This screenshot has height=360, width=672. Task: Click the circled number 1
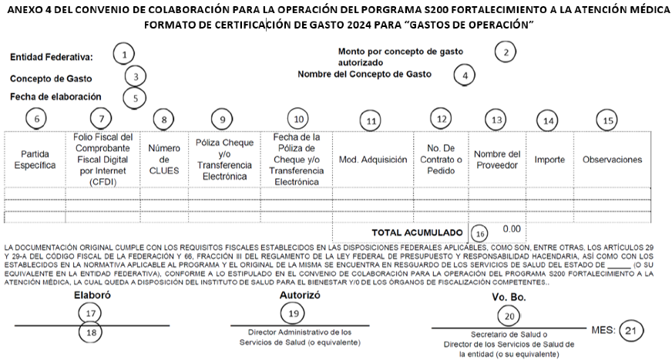123,55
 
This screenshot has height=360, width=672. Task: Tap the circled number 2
505,52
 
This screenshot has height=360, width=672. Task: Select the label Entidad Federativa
51,57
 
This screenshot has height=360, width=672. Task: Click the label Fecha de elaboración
55,97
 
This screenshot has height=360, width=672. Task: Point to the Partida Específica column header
35,160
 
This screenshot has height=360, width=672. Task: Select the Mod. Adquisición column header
373,160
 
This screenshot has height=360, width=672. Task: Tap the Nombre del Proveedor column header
497,160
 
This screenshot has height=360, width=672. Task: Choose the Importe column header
549,160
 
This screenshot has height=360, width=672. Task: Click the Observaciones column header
612,160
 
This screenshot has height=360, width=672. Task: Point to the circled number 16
480,233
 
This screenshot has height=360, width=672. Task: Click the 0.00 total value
511,229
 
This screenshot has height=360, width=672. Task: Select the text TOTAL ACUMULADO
417,232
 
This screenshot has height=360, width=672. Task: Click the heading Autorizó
294,295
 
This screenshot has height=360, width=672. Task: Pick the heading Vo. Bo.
508,297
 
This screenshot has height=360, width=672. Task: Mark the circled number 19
293,314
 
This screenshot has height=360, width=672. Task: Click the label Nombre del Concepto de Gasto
365,74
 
